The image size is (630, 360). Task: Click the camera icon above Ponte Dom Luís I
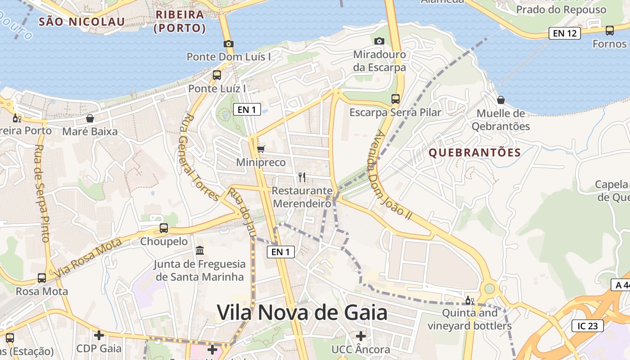(x=229, y=44)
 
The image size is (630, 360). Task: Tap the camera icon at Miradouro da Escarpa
(x=379, y=41)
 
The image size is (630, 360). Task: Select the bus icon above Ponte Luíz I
(x=217, y=75)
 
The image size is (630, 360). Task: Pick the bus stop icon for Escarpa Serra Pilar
(x=396, y=99)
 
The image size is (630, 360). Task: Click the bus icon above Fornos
(x=610, y=30)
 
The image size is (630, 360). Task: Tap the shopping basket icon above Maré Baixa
(x=90, y=118)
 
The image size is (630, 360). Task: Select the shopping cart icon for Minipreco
(x=261, y=148)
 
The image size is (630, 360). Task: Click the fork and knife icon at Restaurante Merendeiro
(x=302, y=177)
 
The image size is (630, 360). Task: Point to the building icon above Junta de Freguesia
(x=200, y=250)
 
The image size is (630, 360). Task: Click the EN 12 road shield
(x=564, y=33)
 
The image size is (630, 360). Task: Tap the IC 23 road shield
(x=587, y=326)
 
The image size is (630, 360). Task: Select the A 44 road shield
(x=621, y=285)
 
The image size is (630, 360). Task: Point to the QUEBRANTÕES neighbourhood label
(x=474, y=153)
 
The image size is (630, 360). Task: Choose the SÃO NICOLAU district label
(x=81, y=21)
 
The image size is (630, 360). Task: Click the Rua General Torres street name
(x=201, y=157)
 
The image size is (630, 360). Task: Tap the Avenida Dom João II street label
(x=390, y=175)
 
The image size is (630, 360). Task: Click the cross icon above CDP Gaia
(x=99, y=335)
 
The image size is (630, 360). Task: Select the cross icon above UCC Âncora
(x=361, y=336)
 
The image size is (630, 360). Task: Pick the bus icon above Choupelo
(x=164, y=228)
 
